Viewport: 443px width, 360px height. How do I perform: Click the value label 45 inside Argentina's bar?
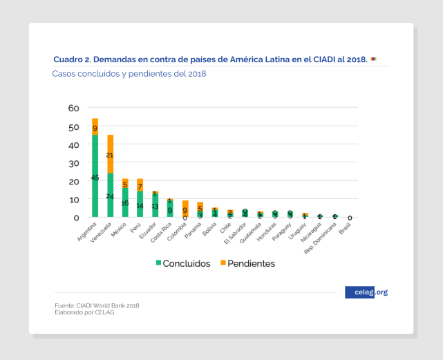(x=95, y=178)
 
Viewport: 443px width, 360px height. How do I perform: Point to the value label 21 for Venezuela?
(x=110, y=155)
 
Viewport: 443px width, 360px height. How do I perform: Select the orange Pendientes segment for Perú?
(x=140, y=185)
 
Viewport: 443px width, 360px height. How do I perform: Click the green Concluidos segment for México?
(x=125, y=202)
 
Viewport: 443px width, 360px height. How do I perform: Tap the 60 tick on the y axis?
(x=74, y=108)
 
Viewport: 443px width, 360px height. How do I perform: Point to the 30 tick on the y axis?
(x=74, y=163)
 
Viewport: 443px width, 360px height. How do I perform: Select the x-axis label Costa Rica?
(x=162, y=231)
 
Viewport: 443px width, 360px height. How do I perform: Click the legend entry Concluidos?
(x=183, y=263)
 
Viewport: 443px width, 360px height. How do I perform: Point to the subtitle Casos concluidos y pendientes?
(x=129, y=73)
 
